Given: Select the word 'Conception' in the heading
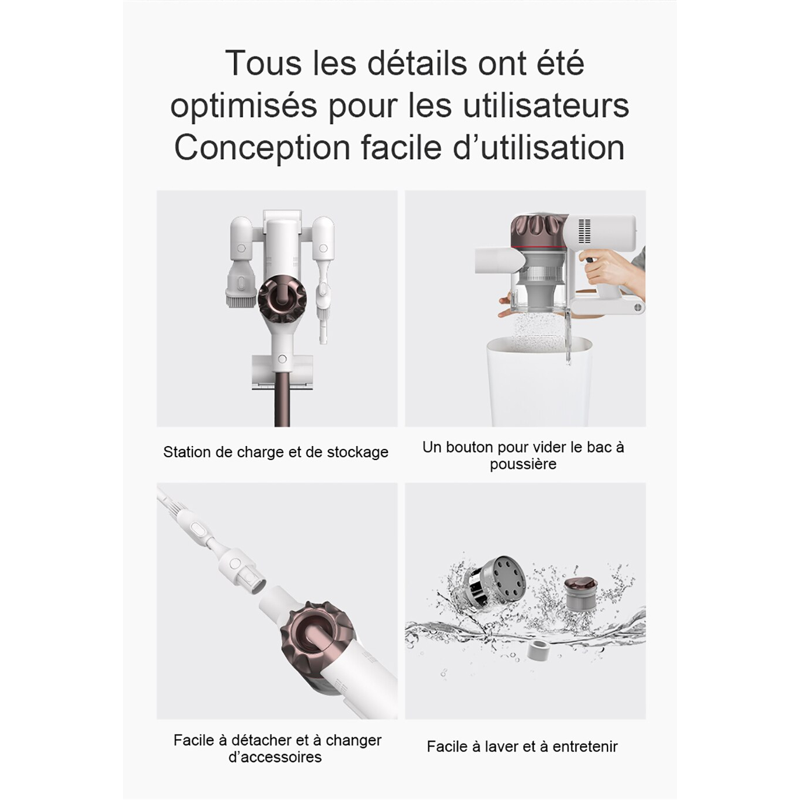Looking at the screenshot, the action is click(x=262, y=148).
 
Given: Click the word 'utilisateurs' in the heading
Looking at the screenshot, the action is click(x=546, y=106).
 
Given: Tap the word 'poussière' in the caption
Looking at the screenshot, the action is click(x=523, y=464).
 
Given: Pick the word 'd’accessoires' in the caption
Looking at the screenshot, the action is click(x=275, y=757).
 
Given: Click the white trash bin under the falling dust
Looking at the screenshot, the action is click(x=539, y=381).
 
